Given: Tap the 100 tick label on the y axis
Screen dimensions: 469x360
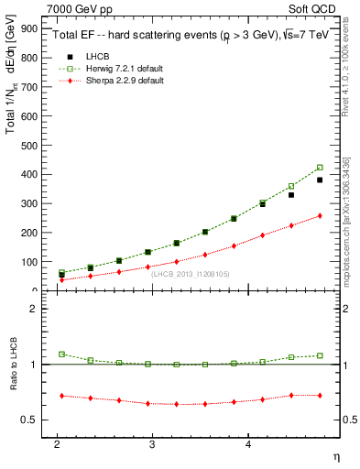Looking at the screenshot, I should point(29,262).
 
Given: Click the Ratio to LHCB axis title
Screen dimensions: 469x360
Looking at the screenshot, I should point(10,364).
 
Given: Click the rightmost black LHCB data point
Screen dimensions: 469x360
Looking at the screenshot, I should point(320,180).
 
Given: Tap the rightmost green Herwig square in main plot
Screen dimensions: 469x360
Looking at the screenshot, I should point(320,168).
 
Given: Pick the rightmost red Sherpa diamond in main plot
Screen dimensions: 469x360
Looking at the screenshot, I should point(320,216).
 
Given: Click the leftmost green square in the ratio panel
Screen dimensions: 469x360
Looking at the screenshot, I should point(61,354).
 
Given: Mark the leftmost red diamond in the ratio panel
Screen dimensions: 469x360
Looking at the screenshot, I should point(61,396).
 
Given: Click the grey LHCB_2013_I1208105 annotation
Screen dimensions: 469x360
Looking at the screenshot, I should point(190,273).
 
